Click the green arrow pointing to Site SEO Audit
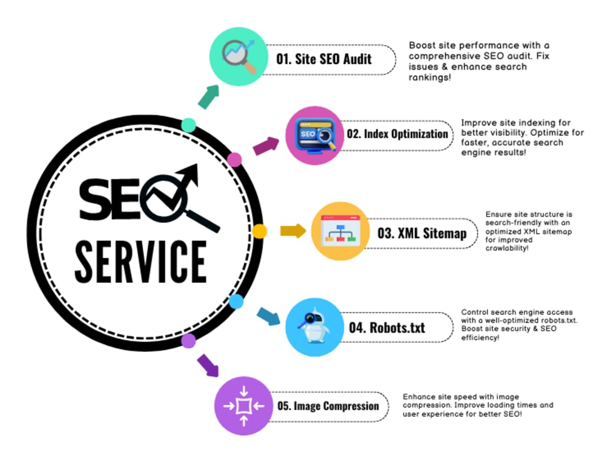pos(209,97)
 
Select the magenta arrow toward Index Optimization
pos(266,146)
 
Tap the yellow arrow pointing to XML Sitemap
pos(293,230)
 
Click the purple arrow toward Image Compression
pos(208,365)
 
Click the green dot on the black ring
pos(188,125)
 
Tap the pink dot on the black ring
pos(235,160)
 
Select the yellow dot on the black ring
pos(259,231)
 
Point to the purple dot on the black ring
pos(188,341)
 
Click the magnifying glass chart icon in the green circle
pos(239,56)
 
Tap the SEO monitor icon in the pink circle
pos(315,136)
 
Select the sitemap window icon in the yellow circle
pos(341,231)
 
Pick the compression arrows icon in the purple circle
pos(243,406)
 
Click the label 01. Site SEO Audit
pos(324,59)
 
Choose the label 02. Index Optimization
pos(397,134)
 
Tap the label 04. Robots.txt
pos(387,327)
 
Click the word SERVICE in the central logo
pos(140,262)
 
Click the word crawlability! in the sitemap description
pos(507,248)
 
